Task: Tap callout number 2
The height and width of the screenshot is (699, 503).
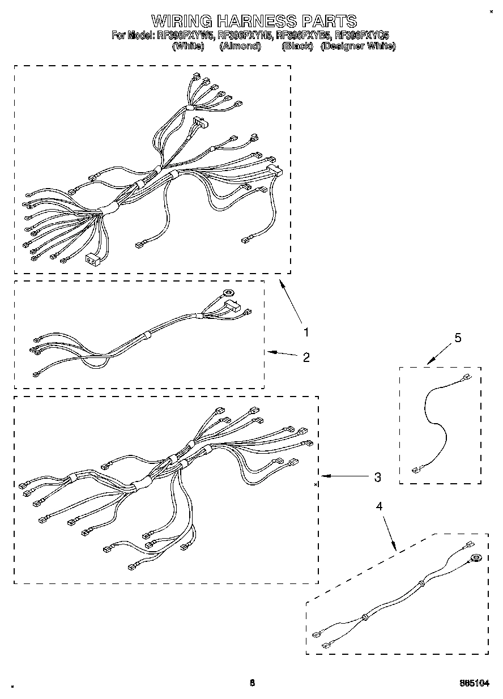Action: (x=306, y=357)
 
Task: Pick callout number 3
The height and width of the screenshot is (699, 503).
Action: (x=377, y=478)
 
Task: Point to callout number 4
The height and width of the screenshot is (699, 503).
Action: (x=380, y=506)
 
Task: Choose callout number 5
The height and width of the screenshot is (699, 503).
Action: (x=458, y=338)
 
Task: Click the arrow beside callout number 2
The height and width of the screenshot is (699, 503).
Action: (x=282, y=353)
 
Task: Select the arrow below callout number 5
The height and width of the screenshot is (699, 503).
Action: (x=437, y=356)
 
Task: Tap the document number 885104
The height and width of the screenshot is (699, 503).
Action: (x=475, y=684)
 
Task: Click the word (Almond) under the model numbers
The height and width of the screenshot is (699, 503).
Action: (x=240, y=46)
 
